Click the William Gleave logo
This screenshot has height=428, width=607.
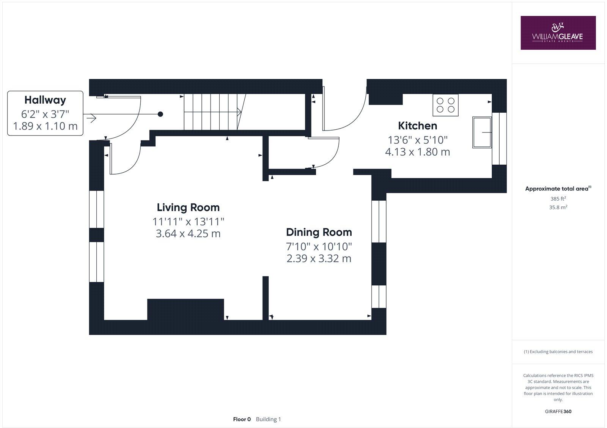558,33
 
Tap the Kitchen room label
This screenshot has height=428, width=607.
417,126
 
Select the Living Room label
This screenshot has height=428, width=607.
188,207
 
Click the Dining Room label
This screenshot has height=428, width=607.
319,232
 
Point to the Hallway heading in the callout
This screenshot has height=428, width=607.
45,100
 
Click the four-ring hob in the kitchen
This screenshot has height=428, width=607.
445,105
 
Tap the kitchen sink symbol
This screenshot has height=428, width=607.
481,132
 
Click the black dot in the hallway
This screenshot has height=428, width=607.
160,114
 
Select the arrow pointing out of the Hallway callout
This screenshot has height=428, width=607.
91,118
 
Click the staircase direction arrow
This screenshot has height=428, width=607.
239,112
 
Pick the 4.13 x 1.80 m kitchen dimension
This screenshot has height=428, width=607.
417,152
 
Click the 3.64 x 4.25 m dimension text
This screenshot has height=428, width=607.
188,233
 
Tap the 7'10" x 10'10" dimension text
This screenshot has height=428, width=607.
319,247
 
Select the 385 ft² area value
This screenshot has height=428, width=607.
558,198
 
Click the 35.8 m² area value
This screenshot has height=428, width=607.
558,207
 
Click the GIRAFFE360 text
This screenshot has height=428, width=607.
558,411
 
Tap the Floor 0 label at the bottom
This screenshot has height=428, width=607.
242,419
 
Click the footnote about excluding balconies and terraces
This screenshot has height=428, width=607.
558,352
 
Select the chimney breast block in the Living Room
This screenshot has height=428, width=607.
185,309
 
